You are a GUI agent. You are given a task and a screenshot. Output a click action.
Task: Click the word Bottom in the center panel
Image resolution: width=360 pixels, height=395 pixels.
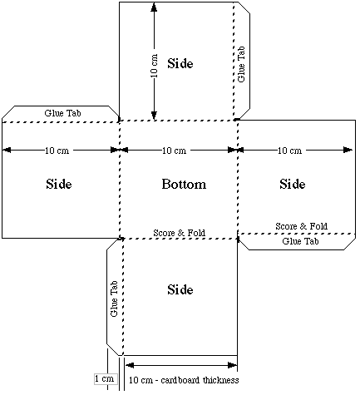184,184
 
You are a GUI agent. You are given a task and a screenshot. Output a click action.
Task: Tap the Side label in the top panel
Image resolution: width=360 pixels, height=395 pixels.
180,63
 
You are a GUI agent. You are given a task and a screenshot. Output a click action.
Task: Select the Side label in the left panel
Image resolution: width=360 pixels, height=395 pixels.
59,184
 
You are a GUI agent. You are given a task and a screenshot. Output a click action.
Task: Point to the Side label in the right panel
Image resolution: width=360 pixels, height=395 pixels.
293,184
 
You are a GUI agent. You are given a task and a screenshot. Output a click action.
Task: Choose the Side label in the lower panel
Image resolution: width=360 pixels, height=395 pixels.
180,289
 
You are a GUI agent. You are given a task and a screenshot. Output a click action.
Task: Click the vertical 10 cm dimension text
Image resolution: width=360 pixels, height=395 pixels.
154,66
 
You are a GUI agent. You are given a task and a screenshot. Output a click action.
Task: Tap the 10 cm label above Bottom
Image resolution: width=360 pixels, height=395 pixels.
175,151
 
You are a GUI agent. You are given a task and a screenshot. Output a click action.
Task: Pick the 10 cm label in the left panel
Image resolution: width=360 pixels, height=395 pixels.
57,151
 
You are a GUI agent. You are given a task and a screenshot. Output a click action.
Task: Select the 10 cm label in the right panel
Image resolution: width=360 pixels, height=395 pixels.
290,151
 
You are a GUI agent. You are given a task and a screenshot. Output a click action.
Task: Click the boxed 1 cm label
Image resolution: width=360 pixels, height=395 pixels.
105,378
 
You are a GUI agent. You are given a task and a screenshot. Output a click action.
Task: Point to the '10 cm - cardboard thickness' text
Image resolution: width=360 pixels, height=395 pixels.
184,380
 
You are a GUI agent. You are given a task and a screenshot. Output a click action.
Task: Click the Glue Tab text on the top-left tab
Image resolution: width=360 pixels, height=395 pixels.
62,113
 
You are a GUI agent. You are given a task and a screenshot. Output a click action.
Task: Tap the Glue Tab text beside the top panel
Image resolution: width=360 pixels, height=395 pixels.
241,64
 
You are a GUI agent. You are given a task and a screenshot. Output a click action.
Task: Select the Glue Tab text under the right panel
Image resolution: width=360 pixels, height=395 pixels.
300,241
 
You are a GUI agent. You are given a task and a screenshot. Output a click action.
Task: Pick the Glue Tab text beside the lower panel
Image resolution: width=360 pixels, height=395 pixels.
114,299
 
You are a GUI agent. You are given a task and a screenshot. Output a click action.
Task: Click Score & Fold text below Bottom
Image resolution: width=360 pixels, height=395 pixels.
180,233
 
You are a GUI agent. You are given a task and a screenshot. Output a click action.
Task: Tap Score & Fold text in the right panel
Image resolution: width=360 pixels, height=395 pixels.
302,226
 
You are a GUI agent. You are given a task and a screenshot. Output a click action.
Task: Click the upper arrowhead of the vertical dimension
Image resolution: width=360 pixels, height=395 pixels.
154,7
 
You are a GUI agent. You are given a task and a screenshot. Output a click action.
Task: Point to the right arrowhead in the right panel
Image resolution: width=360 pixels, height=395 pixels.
348,150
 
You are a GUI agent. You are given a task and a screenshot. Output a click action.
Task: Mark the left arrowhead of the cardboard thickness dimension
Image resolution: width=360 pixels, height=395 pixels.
130,365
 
